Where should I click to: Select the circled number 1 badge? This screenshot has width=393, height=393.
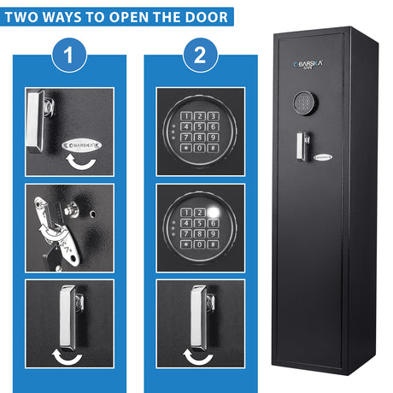69,55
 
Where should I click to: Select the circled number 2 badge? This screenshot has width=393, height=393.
200,55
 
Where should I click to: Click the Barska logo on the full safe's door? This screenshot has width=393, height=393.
308,64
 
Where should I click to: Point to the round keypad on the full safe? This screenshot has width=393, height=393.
306,103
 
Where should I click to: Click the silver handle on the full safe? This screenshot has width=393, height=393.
302,146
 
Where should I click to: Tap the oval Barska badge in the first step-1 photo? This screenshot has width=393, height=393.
81,145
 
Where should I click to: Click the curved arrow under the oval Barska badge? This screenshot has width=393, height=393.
81,162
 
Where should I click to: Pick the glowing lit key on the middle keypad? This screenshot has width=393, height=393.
213,212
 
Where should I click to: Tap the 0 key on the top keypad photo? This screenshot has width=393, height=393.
200,148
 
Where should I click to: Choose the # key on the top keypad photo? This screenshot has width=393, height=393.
213,148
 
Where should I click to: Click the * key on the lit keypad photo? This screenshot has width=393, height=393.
186,244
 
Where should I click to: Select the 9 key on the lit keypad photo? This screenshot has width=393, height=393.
213,234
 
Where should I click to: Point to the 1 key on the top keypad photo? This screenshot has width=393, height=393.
186,116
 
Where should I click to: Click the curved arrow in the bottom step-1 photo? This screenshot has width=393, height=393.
67,358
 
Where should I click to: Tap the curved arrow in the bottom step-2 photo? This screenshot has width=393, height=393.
198,358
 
